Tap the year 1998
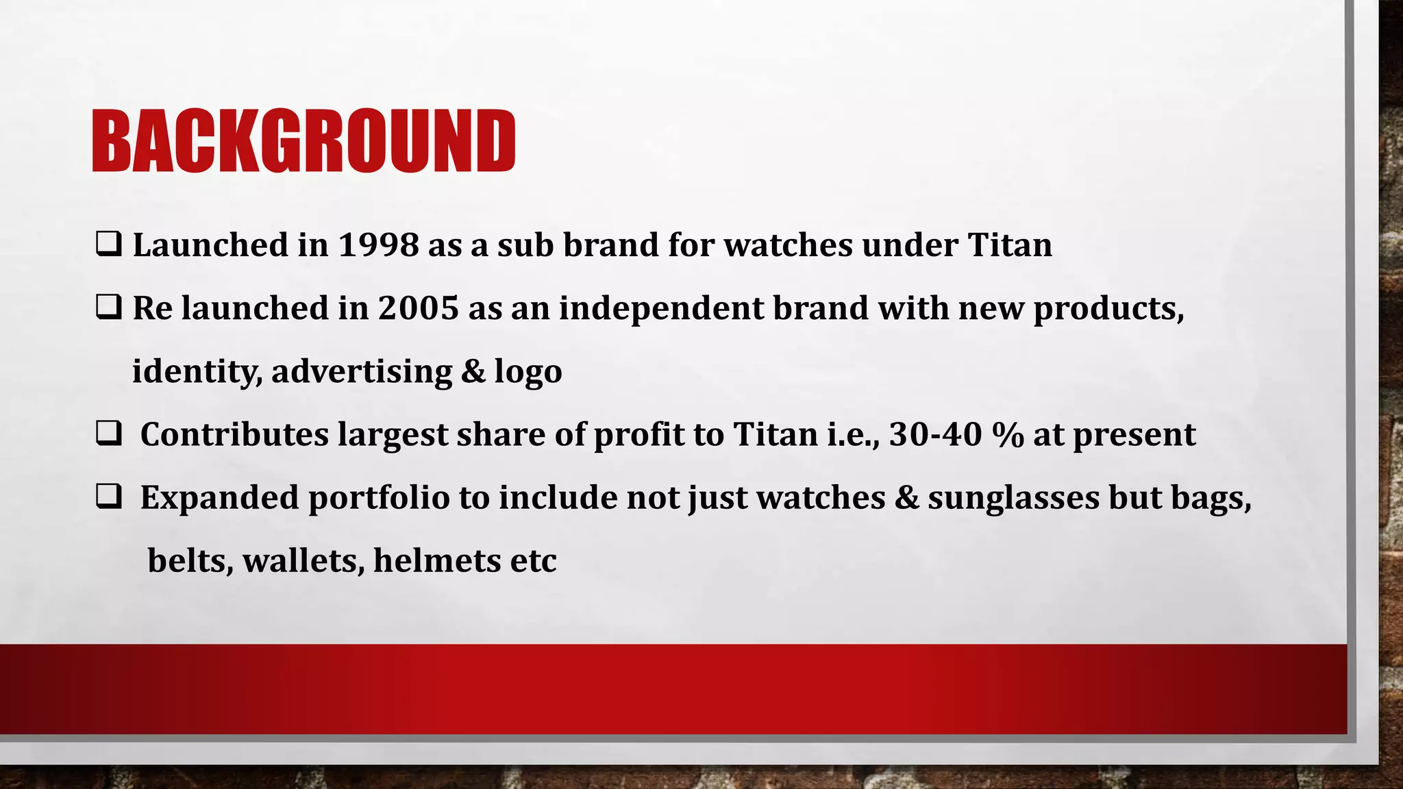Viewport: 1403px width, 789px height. point(378,245)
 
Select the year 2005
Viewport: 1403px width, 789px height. point(418,308)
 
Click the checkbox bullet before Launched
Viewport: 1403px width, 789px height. point(109,245)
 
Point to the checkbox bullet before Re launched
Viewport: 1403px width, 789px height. point(109,308)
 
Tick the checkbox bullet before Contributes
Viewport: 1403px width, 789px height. point(109,434)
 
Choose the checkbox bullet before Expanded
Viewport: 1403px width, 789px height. point(109,497)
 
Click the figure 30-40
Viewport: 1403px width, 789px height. point(935,434)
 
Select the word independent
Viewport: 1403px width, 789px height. point(661,308)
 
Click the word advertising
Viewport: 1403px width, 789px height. point(362,371)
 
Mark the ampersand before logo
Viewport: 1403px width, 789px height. point(473,371)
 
